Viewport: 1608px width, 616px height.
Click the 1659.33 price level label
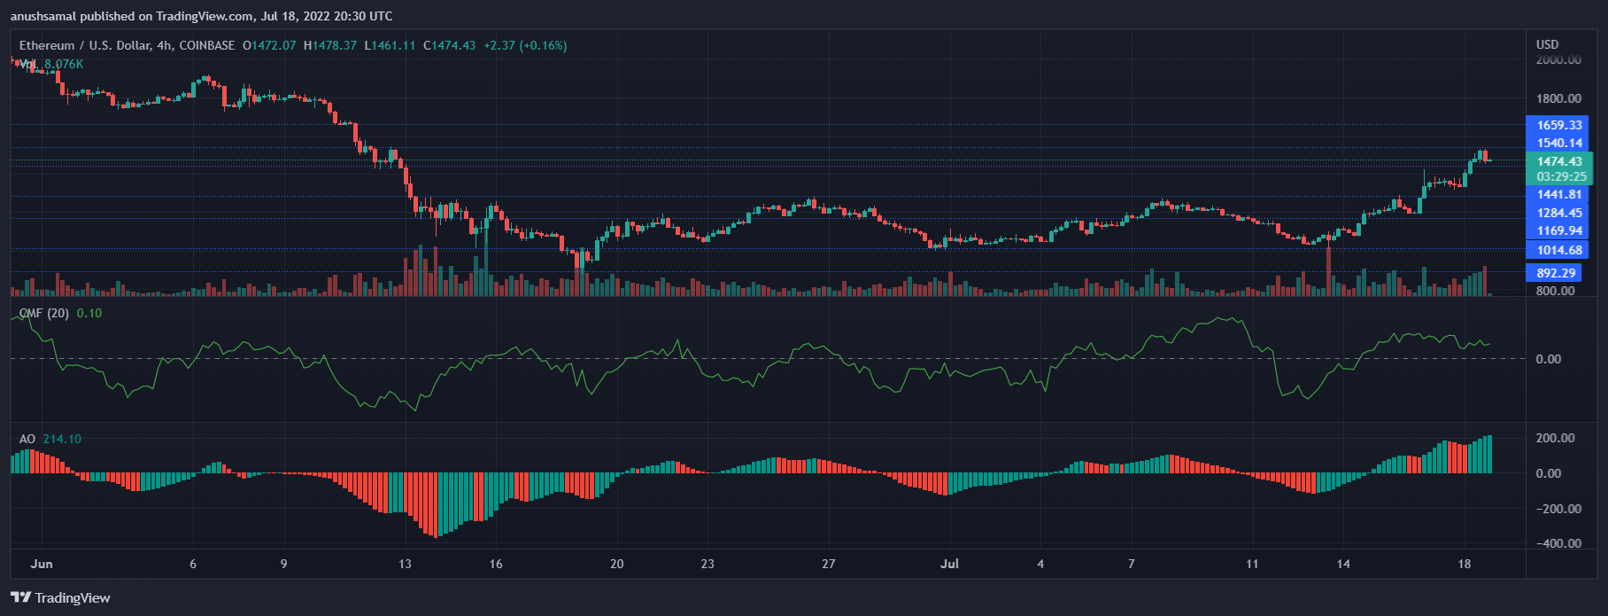(x=1558, y=125)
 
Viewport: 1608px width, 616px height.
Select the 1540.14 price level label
(x=1558, y=143)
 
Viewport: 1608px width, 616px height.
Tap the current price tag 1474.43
(x=1559, y=161)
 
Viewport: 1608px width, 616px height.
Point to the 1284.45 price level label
(x=1558, y=213)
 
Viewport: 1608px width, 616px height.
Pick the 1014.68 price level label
(x=1558, y=250)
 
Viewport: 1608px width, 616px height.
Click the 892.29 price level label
(x=1556, y=273)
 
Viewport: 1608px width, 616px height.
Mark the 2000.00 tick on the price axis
(x=1558, y=60)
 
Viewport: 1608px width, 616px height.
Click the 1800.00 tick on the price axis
(x=1558, y=98)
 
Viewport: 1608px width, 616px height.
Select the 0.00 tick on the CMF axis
(x=1548, y=359)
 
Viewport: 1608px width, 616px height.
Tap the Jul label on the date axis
(x=949, y=564)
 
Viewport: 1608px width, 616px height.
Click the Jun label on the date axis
(x=42, y=564)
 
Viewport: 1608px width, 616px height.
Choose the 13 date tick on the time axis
(x=405, y=564)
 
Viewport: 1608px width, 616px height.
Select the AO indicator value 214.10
(x=62, y=439)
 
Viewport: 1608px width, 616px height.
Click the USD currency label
(x=1547, y=44)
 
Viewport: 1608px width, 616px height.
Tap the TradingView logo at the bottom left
(x=60, y=598)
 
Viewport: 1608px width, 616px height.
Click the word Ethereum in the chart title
(x=47, y=45)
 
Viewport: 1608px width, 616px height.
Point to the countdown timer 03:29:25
(x=1561, y=176)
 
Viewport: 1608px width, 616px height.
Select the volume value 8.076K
(x=64, y=64)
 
